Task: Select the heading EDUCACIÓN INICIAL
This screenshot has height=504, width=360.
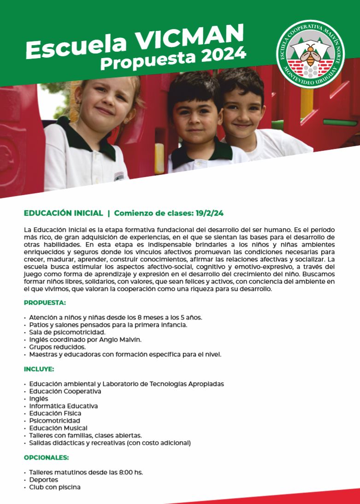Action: [x=63, y=213]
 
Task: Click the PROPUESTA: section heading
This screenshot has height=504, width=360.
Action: [x=45, y=303]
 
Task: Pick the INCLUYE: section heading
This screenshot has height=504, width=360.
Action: [x=39, y=369]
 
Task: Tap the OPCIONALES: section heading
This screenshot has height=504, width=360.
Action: [x=47, y=458]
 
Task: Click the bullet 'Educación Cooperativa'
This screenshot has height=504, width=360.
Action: [x=65, y=391]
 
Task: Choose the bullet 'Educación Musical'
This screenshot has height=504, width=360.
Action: [x=58, y=428]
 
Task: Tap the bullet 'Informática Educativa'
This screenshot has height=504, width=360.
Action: [x=64, y=406]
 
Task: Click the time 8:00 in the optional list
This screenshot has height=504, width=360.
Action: [x=119, y=473]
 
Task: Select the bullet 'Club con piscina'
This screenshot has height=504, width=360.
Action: [x=55, y=487]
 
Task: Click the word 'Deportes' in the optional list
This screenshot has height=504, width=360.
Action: [x=44, y=480]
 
